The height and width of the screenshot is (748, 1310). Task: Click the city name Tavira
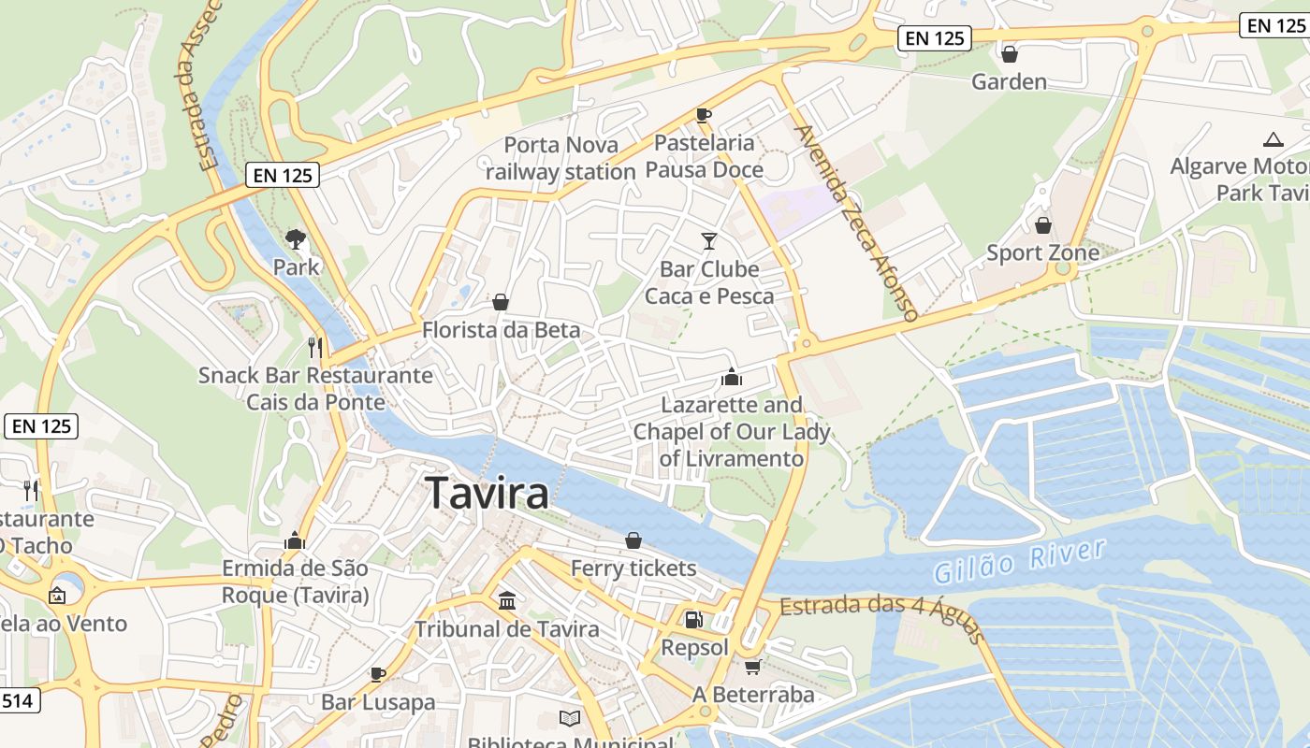[x=487, y=493]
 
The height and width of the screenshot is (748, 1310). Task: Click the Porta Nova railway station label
[x=560, y=158]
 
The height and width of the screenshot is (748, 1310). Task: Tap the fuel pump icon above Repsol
[x=693, y=619]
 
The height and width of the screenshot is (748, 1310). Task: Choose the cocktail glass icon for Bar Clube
[x=709, y=241]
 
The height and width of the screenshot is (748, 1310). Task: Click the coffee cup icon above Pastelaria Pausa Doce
[x=704, y=115]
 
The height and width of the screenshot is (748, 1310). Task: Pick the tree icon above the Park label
[x=296, y=238]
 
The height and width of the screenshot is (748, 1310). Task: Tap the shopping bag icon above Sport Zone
[x=1042, y=225]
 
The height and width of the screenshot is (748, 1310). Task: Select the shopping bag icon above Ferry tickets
[x=633, y=540]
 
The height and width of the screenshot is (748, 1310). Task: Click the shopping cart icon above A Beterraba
[x=752, y=668]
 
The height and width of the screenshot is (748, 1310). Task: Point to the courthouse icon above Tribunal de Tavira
[x=507, y=600]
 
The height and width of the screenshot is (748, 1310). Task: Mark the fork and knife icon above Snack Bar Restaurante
[x=315, y=348]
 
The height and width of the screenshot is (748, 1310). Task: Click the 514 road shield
[x=19, y=699]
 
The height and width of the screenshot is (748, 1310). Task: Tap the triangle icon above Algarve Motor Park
[x=1272, y=140]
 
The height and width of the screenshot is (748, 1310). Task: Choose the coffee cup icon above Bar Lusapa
[x=378, y=673]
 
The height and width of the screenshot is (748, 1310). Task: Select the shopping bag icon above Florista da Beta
[x=501, y=302]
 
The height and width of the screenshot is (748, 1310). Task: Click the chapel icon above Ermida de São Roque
[x=295, y=540]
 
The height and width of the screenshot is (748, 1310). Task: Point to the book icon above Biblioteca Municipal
[x=570, y=718]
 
